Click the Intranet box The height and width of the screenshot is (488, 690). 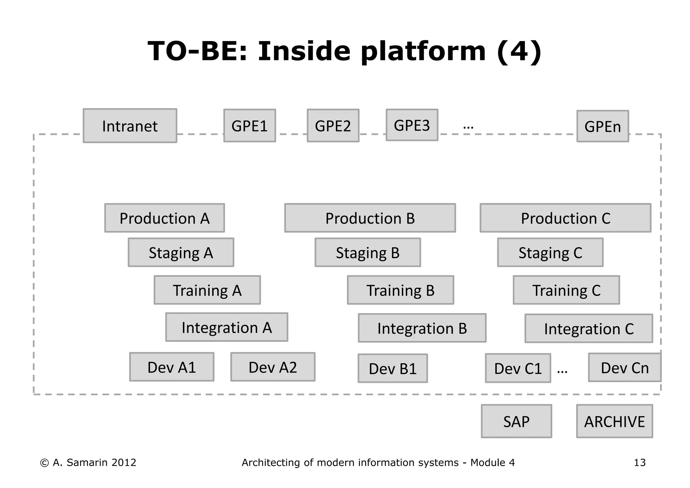(x=130, y=126)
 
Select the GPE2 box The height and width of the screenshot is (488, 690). (x=333, y=126)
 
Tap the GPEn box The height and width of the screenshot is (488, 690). (x=602, y=126)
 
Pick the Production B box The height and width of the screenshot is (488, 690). (x=370, y=218)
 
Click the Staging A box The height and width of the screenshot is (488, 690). (x=181, y=252)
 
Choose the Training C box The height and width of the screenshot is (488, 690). (x=566, y=290)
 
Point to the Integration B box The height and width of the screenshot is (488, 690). (x=422, y=328)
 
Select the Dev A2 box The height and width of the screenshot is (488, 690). (x=273, y=367)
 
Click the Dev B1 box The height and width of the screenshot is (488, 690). (x=393, y=368)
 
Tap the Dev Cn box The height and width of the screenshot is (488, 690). (x=624, y=368)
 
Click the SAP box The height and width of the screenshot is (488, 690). (x=516, y=421)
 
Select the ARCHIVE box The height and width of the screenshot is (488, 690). (x=614, y=421)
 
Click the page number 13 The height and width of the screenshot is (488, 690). (x=639, y=462)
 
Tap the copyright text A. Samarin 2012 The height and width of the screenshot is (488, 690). (x=88, y=462)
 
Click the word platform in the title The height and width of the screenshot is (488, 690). (x=423, y=52)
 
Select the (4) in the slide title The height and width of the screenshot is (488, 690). (x=519, y=52)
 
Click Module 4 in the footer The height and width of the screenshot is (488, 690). (x=492, y=462)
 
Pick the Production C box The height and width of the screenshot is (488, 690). (x=565, y=218)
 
